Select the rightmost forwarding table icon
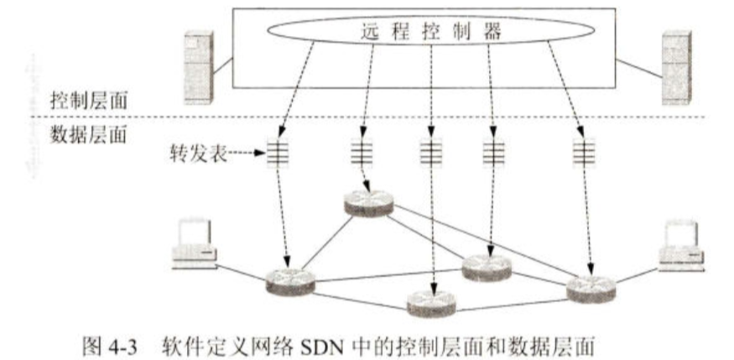click(x=579, y=154)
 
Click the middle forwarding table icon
click(x=429, y=154)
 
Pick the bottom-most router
click(x=432, y=303)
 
